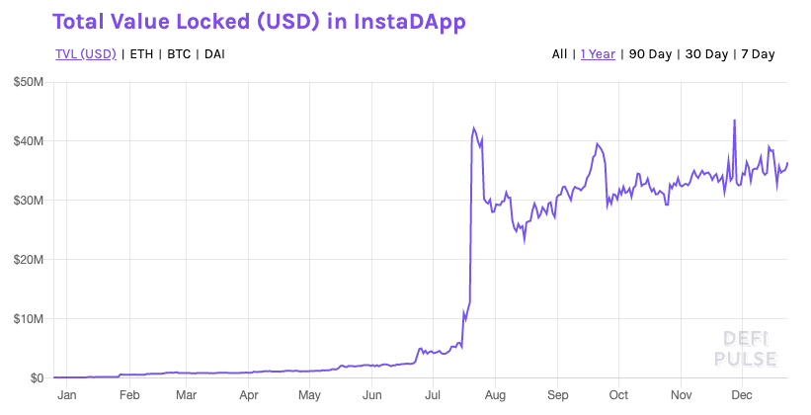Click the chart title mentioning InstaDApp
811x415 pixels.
[259, 21]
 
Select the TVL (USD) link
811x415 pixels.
[85, 53]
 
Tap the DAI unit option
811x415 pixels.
[213, 53]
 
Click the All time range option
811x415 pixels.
[559, 53]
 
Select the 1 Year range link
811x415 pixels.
[598, 53]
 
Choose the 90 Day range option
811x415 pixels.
[652, 53]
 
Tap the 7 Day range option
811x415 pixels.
[757, 53]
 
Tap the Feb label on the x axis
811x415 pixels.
[128, 395]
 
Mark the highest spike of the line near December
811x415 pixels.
[734, 121]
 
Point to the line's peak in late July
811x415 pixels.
[474, 128]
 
